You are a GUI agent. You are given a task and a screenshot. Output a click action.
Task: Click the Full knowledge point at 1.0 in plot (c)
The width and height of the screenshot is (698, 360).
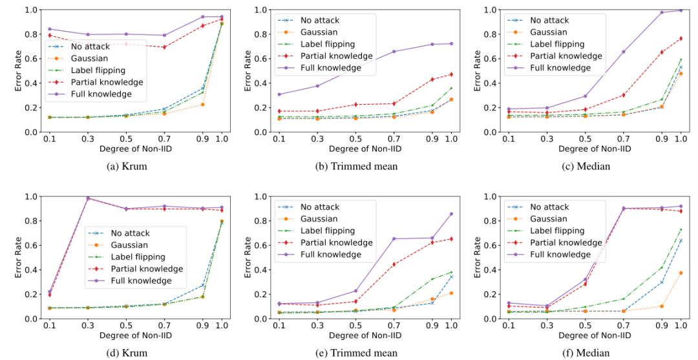(680, 10)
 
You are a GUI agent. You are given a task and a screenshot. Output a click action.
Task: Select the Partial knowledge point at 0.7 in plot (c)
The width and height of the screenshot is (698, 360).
(623, 95)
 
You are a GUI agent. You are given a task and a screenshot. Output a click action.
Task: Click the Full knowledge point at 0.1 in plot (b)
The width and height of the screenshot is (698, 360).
(279, 94)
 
